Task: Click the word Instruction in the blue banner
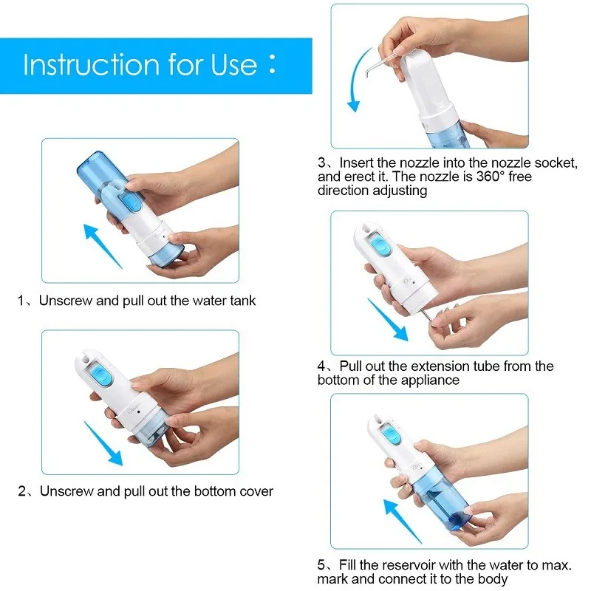coord(92,64)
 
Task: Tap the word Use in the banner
coord(233,64)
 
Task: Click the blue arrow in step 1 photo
coord(103,246)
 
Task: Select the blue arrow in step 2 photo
coord(103,443)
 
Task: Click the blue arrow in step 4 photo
coord(387,320)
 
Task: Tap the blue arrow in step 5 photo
coord(403,522)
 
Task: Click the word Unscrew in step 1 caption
coord(66,301)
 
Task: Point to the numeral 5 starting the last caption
coord(321,565)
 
